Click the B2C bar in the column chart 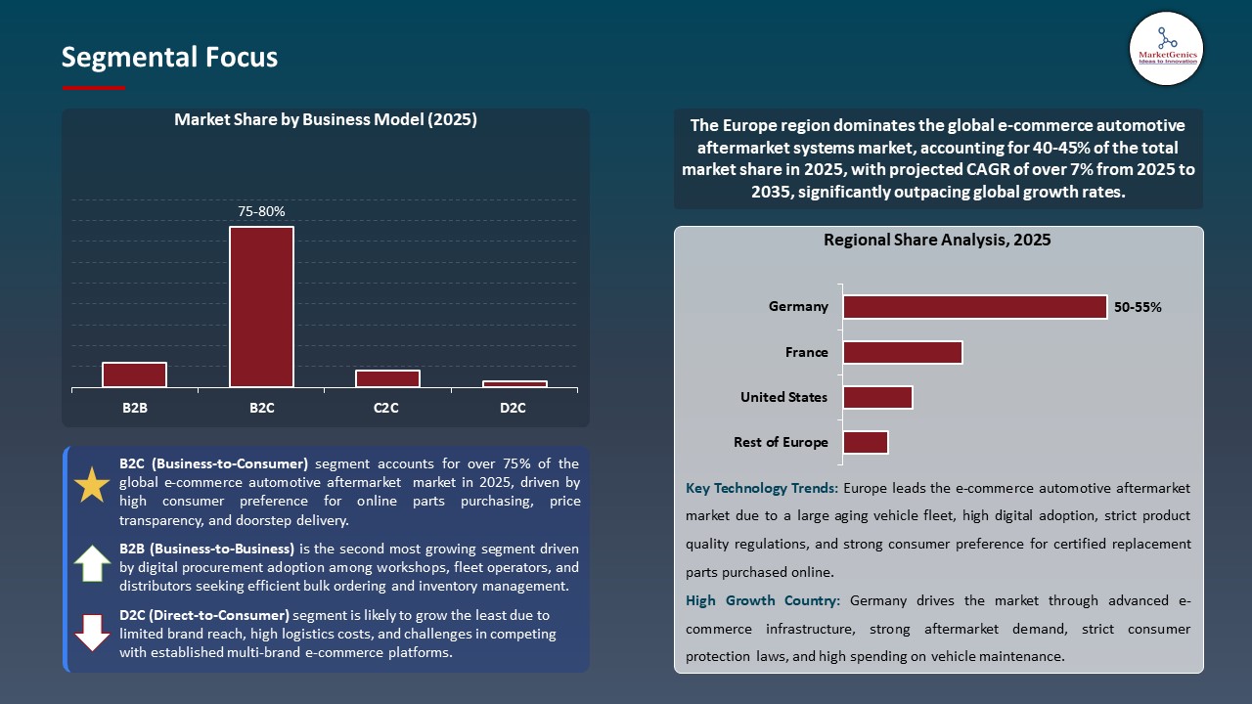(261, 307)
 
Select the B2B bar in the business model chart (134, 374)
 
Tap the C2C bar (387, 378)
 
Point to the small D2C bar (514, 384)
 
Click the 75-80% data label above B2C (261, 211)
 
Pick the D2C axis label (513, 408)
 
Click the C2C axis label (386, 408)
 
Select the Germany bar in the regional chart (974, 307)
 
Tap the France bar (902, 352)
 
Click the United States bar (877, 397)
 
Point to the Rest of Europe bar (865, 442)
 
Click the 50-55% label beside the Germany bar (1138, 307)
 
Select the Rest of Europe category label (781, 442)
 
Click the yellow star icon (92, 485)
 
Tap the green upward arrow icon (92, 564)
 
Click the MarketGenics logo (1166, 48)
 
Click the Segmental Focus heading (169, 58)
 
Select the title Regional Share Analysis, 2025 (937, 240)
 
